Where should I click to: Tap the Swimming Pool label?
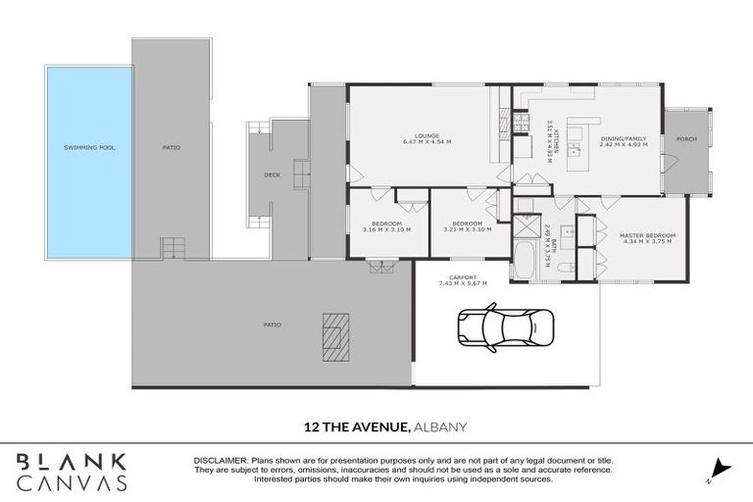coord(87,148)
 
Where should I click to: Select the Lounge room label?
coord(426,135)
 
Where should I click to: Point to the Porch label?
coord(686,139)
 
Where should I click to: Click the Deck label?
coord(272,176)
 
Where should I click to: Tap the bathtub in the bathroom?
coord(525,261)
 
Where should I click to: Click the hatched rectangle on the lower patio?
coord(333,337)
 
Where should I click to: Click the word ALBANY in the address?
coord(440,427)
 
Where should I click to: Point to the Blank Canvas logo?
coord(72,471)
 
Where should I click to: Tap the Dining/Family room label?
coord(623,139)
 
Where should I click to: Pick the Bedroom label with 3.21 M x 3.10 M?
coord(467,225)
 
